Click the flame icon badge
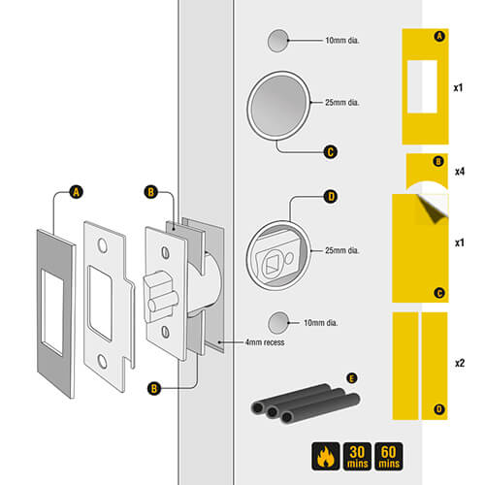click(x=326, y=456)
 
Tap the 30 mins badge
click(x=357, y=456)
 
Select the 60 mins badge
click(x=389, y=456)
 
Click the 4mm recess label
click(x=265, y=342)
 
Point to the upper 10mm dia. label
click(x=342, y=41)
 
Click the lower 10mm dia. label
click(x=320, y=323)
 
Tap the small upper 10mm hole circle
click(x=278, y=41)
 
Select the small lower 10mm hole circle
click(x=278, y=323)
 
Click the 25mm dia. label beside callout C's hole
click(x=342, y=103)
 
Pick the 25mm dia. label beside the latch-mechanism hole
click(x=342, y=250)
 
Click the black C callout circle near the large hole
click(x=331, y=152)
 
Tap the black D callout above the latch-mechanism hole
click(x=331, y=197)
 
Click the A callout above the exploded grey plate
click(x=77, y=192)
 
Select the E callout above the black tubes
click(x=352, y=378)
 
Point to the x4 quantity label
click(x=460, y=172)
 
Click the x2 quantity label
click(x=460, y=363)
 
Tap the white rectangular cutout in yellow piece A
click(x=422, y=86)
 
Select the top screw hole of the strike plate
click(x=103, y=245)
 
